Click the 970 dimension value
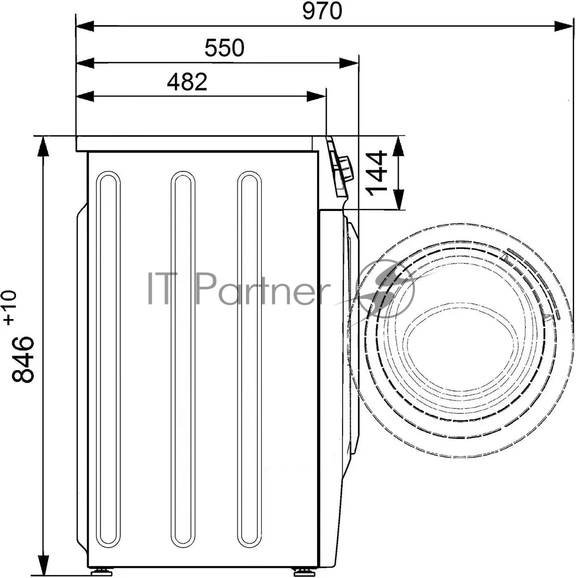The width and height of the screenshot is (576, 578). click(x=322, y=11)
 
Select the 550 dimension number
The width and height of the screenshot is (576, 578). click(x=224, y=48)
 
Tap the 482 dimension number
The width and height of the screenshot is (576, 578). click(x=187, y=81)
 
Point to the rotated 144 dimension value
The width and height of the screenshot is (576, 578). click(x=376, y=173)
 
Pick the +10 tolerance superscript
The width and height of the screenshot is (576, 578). click(x=10, y=308)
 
